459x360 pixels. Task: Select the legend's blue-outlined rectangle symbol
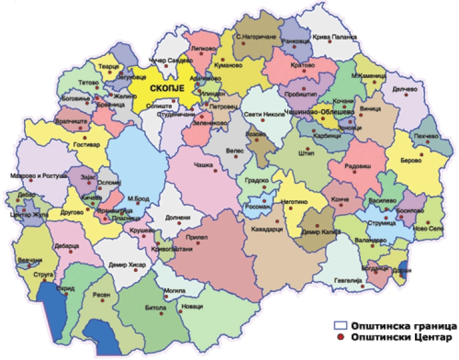[x=340, y=326]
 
